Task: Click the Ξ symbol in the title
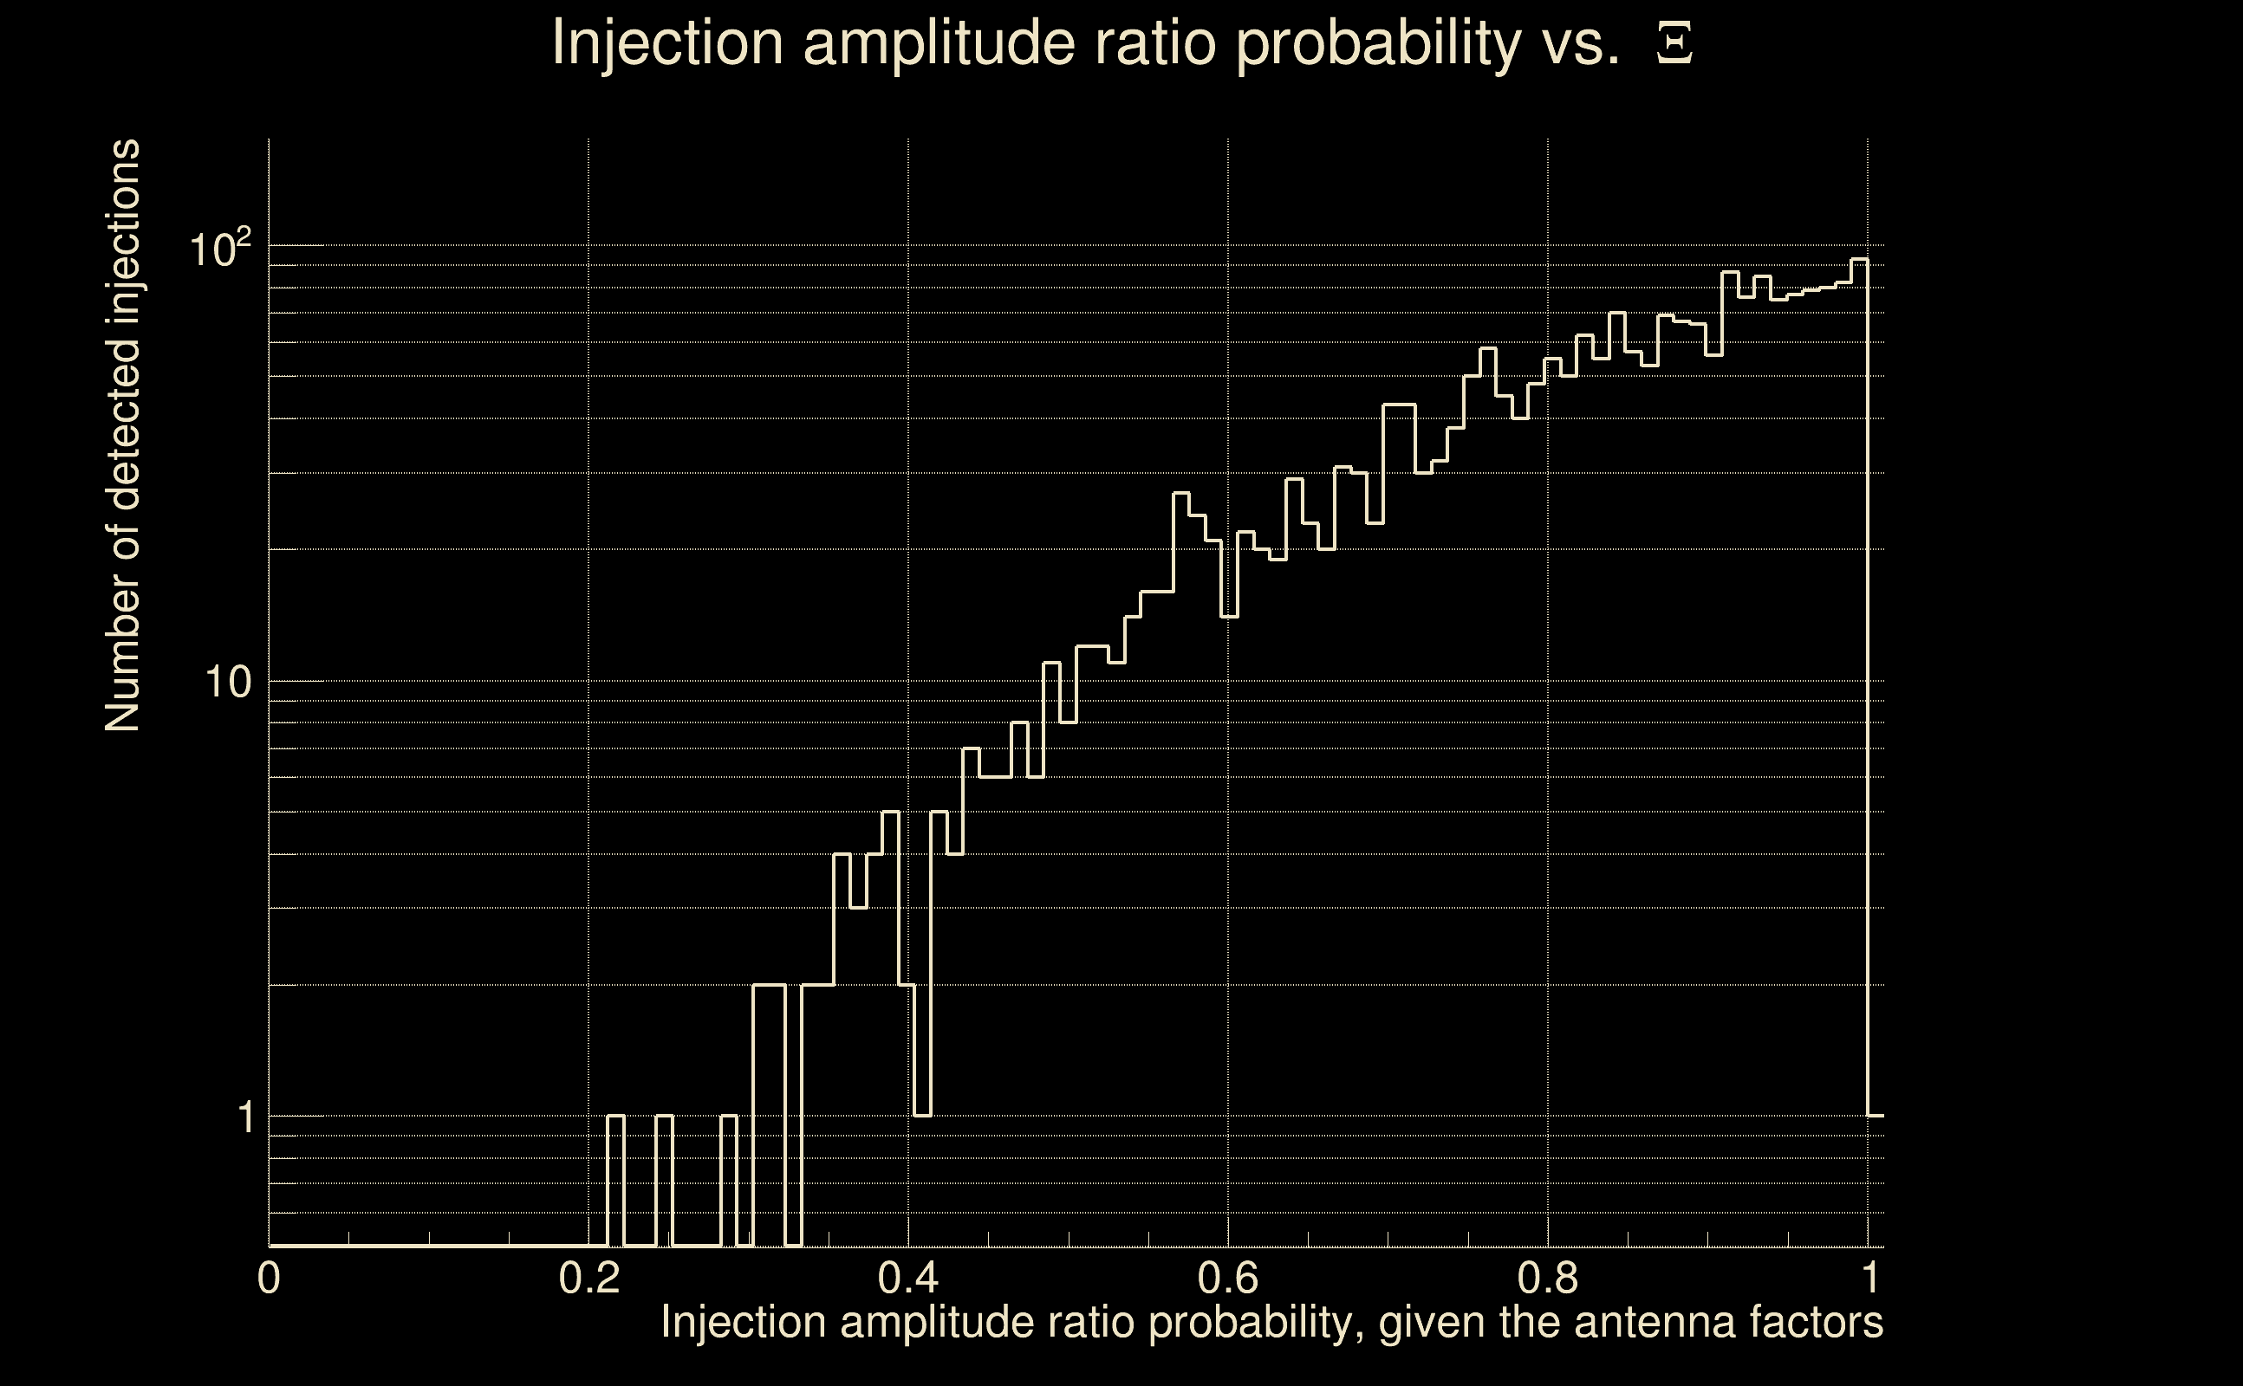click(x=1674, y=43)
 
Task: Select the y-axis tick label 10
click(x=227, y=682)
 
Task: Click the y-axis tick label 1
click(x=245, y=1117)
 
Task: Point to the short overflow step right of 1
click(x=1876, y=1116)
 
